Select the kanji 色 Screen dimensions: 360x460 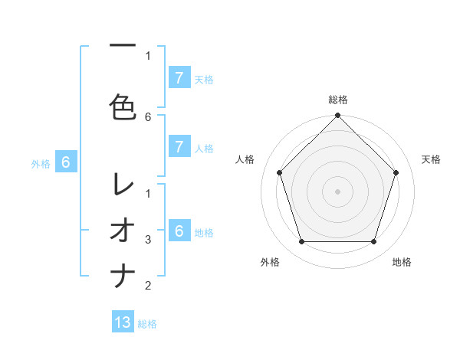[123, 106]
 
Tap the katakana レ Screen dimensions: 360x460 [123, 184]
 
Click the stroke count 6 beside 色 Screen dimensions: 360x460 [148, 116]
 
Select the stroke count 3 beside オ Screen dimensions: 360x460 [148, 240]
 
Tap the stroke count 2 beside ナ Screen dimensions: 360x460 [148, 286]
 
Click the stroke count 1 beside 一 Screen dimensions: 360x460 [148, 55]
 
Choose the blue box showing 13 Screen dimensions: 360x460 [123, 322]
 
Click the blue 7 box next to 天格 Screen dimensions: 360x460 [179, 77]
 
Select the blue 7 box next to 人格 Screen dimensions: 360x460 [179, 147]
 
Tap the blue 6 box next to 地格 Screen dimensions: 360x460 [179, 231]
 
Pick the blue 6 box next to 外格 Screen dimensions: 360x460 [66, 162]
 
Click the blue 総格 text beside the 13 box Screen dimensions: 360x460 [147, 324]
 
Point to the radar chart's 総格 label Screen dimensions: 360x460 [338, 100]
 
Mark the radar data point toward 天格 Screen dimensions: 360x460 [396, 172]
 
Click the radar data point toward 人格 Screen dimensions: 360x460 [279, 172]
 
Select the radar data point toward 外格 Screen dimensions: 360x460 [301, 242]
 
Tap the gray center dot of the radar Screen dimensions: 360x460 [338, 191]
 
